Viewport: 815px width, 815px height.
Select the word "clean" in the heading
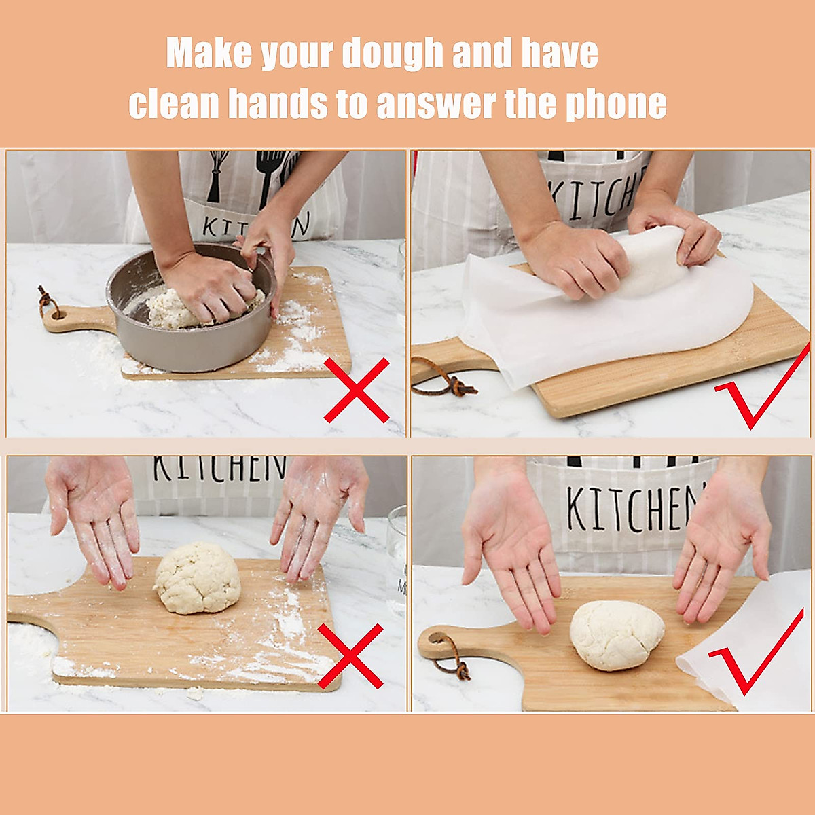coord(174,105)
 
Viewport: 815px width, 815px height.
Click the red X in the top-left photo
coord(356,390)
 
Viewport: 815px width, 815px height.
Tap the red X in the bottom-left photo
coord(350,656)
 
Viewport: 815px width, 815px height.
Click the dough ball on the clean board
coord(616,635)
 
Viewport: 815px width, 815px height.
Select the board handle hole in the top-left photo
coord(54,314)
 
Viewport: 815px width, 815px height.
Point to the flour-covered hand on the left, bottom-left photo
coord(95,516)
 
